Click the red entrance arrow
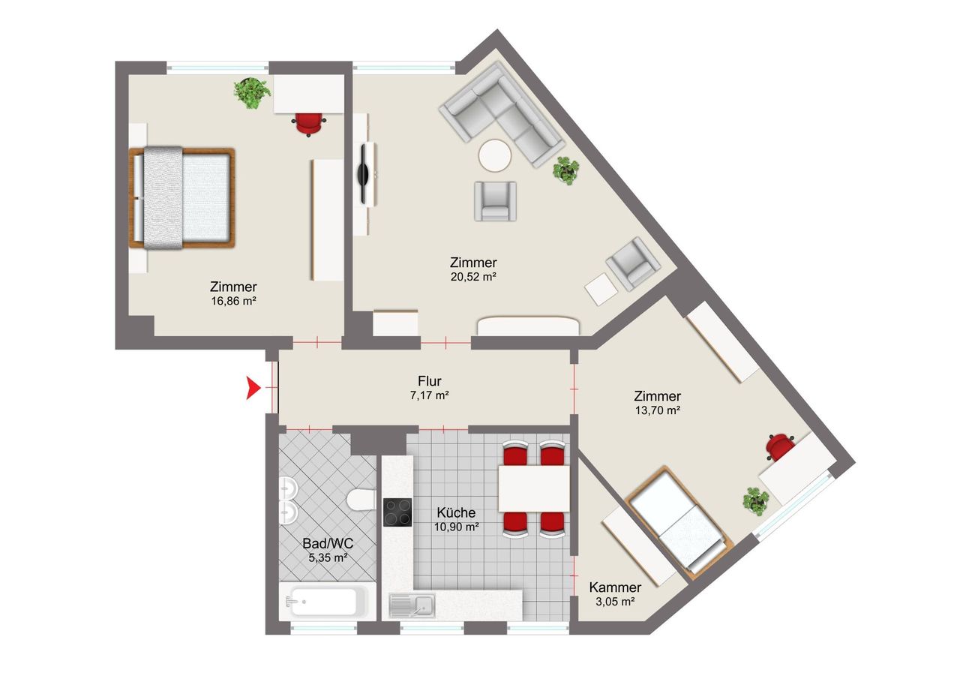click(x=253, y=387)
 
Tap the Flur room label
click(x=430, y=381)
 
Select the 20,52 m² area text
click(x=473, y=277)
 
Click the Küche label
click(x=456, y=512)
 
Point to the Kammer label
click(x=615, y=587)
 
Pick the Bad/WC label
click(x=328, y=543)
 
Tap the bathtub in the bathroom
click(x=328, y=601)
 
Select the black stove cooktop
click(x=397, y=512)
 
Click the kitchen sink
click(x=412, y=605)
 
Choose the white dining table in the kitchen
click(x=534, y=488)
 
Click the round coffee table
click(x=495, y=155)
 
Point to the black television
click(x=364, y=174)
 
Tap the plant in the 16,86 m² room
click(x=252, y=92)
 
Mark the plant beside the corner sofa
click(x=566, y=170)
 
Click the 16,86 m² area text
click(x=233, y=301)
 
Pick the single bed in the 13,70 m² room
click(x=679, y=520)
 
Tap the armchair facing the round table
click(x=495, y=201)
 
